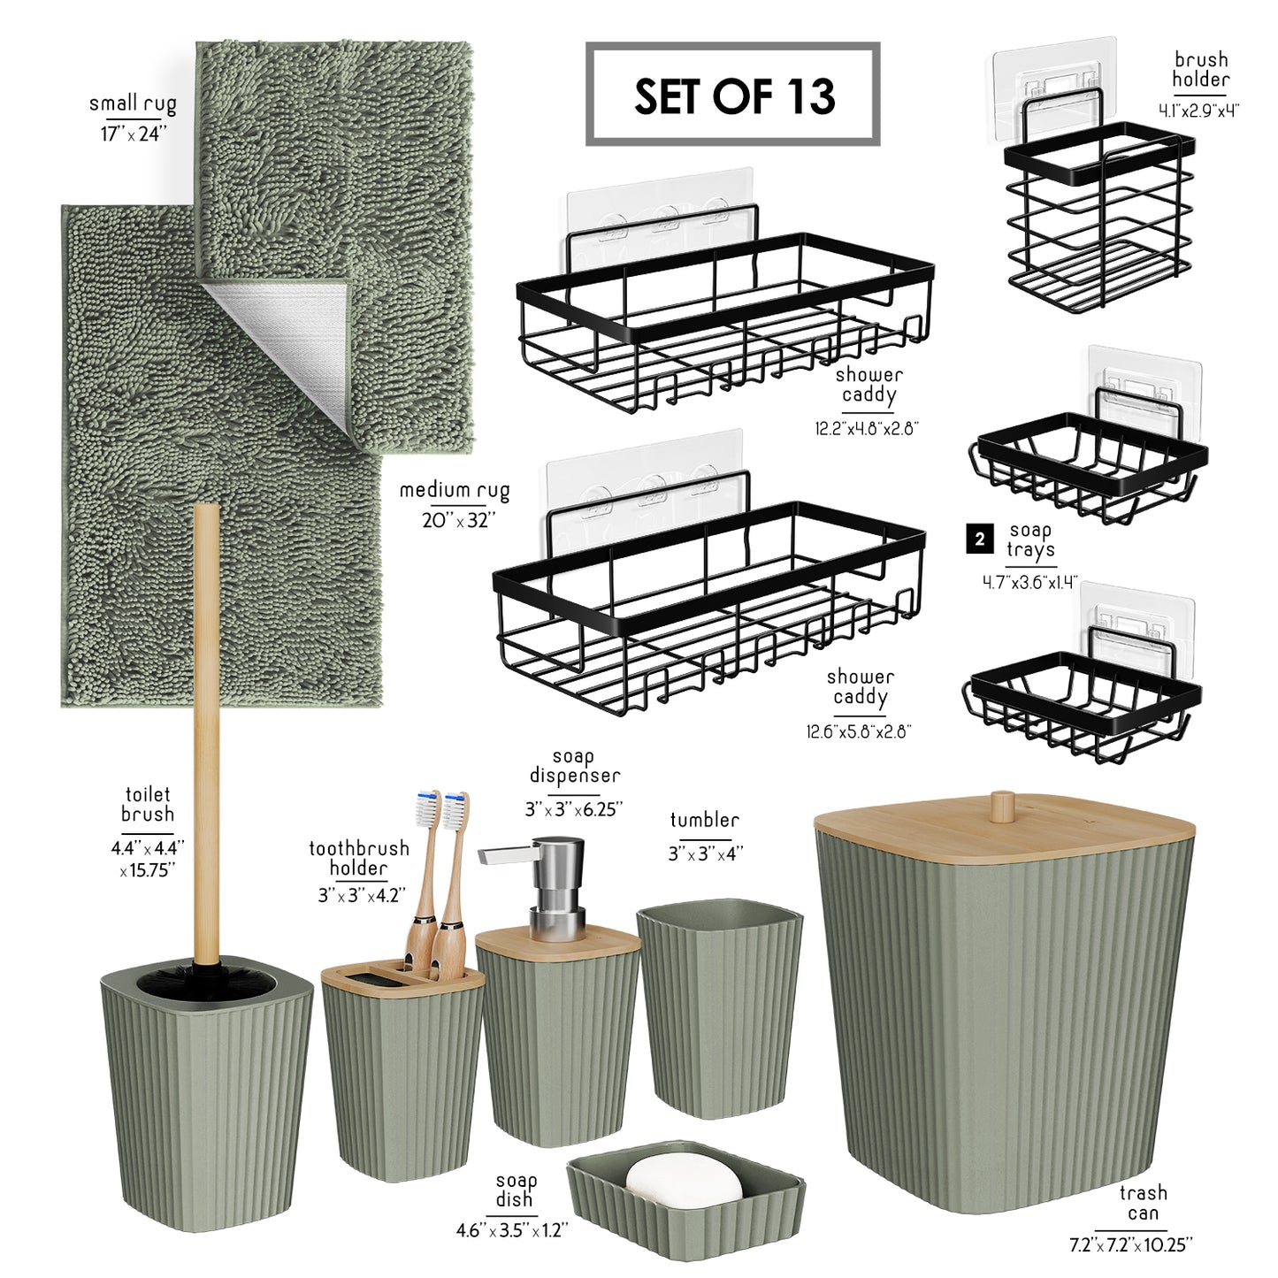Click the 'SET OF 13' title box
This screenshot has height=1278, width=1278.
coord(733,94)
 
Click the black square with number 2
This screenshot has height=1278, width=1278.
coord(980,540)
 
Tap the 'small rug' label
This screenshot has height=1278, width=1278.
coord(134,104)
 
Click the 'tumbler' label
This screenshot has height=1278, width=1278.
coord(704,821)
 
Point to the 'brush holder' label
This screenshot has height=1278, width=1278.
coord(1201,69)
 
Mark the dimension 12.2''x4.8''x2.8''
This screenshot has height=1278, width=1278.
coord(867,428)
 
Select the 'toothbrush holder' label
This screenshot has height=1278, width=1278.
coord(359,858)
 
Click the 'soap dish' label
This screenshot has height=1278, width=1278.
coord(516,1190)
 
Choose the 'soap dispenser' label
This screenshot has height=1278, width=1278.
coord(574,766)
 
